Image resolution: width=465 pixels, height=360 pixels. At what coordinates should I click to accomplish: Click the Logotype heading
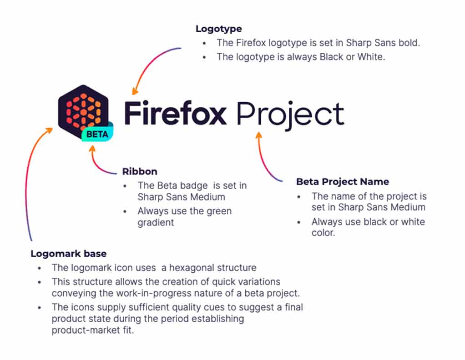[x=218, y=29]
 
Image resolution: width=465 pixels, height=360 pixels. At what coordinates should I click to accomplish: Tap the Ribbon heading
[x=140, y=171]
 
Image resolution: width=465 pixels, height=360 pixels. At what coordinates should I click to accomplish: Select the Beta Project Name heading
[x=343, y=182]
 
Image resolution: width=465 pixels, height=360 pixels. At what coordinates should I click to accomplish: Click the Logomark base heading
[x=69, y=254]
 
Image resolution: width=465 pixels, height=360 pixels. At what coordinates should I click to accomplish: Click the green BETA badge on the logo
[x=97, y=134]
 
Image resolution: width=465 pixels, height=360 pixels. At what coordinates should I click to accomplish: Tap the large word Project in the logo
[x=291, y=115]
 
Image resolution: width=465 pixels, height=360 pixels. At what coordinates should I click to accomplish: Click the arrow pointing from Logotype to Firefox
[x=150, y=64]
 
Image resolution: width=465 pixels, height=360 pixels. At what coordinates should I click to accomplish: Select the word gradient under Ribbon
[x=156, y=223]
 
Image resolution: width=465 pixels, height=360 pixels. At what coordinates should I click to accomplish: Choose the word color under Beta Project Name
[x=323, y=233]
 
